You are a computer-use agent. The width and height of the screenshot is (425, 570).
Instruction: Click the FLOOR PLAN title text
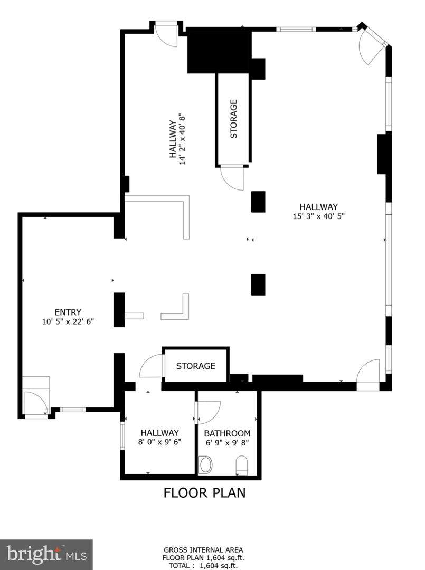204,492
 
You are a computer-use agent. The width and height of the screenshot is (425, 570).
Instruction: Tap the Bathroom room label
227,433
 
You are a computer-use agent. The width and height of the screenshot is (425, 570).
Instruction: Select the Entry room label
68,312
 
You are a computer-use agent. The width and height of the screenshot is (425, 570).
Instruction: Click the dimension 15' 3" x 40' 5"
319,216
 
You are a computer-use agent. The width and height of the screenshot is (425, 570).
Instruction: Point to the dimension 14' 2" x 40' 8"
182,139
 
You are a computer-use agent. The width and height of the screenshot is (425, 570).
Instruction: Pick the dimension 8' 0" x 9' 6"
160,442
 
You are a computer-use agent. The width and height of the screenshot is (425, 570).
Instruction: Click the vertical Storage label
234,119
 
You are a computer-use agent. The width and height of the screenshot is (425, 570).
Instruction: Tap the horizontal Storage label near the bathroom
195,366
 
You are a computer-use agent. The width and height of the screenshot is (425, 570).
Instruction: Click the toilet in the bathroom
241,465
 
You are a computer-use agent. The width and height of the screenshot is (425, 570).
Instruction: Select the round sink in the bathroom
206,465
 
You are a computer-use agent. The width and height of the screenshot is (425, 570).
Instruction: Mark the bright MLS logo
46,554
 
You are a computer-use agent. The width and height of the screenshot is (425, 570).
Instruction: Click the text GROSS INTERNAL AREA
203,550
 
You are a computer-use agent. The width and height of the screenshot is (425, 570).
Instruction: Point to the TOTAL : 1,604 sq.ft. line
203,566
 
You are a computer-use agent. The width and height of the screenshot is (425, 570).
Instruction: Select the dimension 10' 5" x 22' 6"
68,321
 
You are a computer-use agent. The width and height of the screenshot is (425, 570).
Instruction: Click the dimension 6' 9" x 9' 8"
227,443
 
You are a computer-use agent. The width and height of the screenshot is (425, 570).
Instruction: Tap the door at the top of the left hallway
166,34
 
